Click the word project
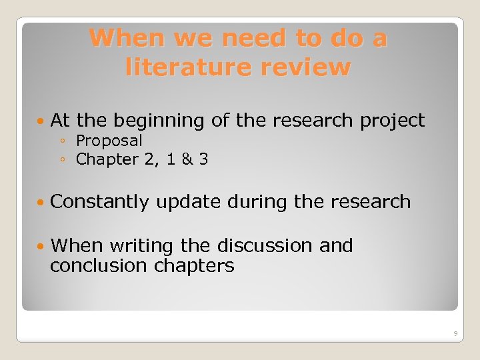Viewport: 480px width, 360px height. pyautogui.click(x=392, y=121)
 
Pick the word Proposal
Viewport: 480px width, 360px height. pyautogui.click(x=109, y=141)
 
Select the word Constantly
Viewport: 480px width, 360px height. pyautogui.click(x=99, y=201)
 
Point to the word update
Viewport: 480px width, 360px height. pyautogui.click(x=189, y=201)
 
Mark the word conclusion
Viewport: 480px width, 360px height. pyautogui.click(x=99, y=266)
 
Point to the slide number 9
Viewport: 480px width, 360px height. pyautogui.click(x=455, y=333)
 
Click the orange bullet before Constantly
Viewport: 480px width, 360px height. pyautogui.click(x=42, y=202)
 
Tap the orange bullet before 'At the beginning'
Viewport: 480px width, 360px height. pyautogui.click(x=42, y=121)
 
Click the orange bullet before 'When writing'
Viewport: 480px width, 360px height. pyautogui.click(x=42, y=247)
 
